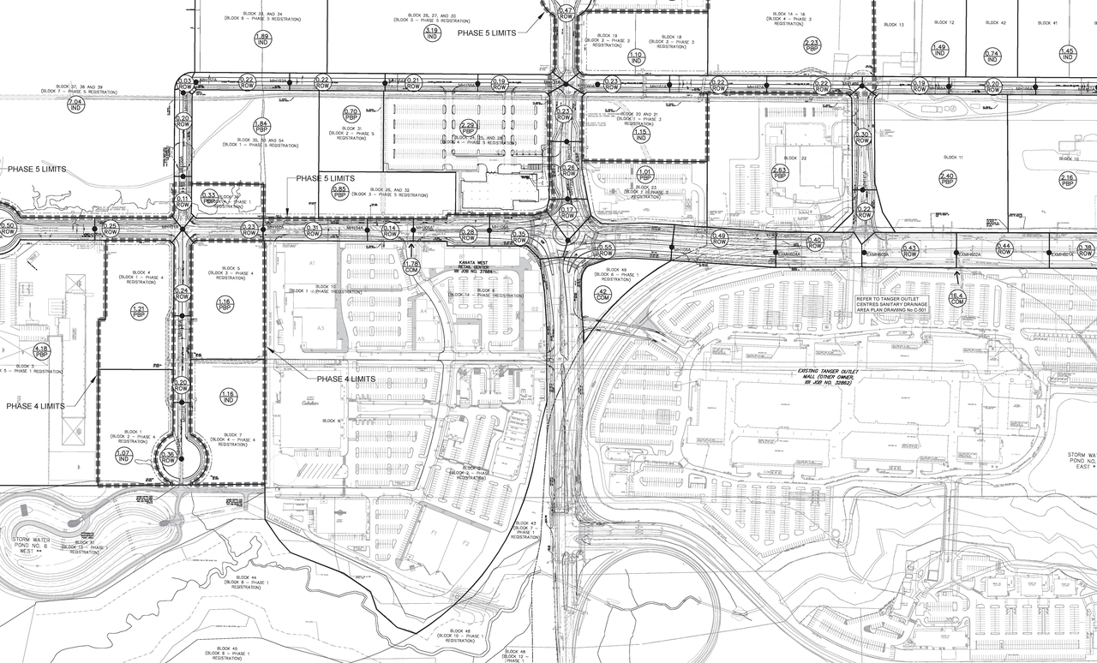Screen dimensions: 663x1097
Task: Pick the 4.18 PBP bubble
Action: click(41, 350)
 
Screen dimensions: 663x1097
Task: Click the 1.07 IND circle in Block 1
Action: click(123, 456)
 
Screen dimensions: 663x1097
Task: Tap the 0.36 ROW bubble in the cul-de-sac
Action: click(168, 458)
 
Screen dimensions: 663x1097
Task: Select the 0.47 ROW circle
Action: click(566, 13)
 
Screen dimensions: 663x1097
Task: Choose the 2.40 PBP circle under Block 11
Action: click(947, 178)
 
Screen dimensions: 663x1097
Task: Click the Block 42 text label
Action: click(995, 23)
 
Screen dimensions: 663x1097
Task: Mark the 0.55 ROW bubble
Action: click(605, 250)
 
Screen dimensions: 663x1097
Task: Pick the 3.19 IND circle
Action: click(432, 33)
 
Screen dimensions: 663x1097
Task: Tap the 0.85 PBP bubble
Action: click(339, 191)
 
